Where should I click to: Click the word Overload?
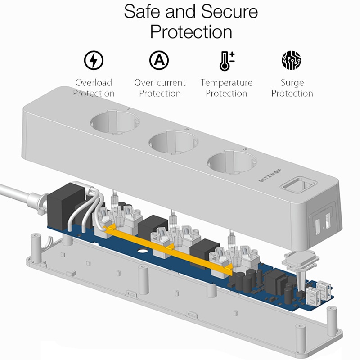[x=94, y=83]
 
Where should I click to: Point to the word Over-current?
[x=160, y=83]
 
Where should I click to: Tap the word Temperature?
[x=226, y=83]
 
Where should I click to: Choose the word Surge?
[x=292, y=83]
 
